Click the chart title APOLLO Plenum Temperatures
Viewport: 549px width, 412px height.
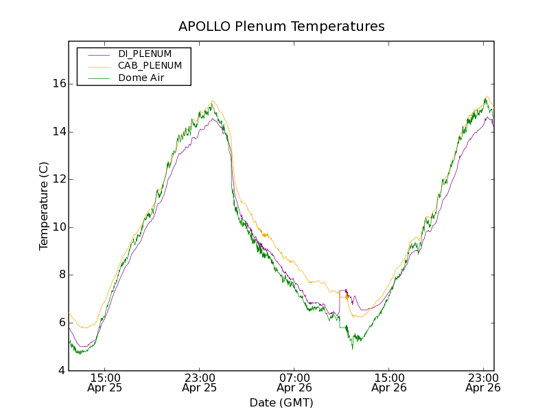click(281, 27)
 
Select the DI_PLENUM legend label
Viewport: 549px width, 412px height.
click(145, 54)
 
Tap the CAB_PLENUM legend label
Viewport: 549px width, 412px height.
click(150, 66)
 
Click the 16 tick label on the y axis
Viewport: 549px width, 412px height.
click(58, 84)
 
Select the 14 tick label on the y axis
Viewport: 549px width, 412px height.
click(58, 131)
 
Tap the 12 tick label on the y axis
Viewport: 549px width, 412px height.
click(58, 179)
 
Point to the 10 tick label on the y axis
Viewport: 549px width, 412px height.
click(58, 227)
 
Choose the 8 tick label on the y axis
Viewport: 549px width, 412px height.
click(62, 275)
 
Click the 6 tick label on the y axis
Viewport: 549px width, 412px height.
click(62, 323)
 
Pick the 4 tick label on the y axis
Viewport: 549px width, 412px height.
click(62, 371)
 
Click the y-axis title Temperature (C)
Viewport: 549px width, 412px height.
click(44, 206)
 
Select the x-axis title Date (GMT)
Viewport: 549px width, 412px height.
click(281, 402)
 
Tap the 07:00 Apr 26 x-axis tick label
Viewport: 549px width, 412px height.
click(294, 382)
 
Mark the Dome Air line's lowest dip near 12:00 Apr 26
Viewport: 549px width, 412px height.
click(353, 348)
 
